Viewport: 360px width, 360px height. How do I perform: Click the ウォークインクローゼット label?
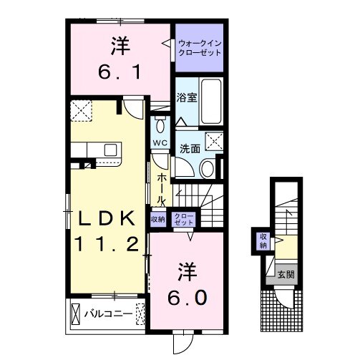point(200,48)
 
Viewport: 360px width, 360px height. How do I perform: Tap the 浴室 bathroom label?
point(187,97)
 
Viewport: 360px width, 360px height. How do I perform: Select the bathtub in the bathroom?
point(211,102)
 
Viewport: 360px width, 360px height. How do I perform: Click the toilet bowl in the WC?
point(160,125)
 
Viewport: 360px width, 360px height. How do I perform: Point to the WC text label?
point(160,143)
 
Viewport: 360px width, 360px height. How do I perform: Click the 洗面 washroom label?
point(190,149)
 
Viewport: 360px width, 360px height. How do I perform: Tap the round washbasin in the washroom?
point(207,169)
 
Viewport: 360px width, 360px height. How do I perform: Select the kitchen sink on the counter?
point(110,150)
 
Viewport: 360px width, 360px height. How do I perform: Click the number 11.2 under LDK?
point(107,244)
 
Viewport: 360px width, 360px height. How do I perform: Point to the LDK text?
point(107,218)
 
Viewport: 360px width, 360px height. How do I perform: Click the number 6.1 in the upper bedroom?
point(120,72)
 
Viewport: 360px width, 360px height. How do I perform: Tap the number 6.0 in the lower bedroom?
point(187,298)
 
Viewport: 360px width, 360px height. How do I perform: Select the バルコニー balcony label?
point(109,313)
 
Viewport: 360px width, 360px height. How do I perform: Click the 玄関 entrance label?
point(286,274)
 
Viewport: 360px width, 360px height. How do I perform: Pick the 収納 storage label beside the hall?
point(158,219)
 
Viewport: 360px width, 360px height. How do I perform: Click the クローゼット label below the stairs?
point(184,220)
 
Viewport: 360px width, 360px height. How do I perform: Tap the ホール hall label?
point(162,188)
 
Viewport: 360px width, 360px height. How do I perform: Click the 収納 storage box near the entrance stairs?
point(263,241)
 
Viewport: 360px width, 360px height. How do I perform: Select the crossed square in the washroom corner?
point(214,141)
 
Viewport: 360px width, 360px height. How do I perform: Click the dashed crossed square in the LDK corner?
point(82,111)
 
